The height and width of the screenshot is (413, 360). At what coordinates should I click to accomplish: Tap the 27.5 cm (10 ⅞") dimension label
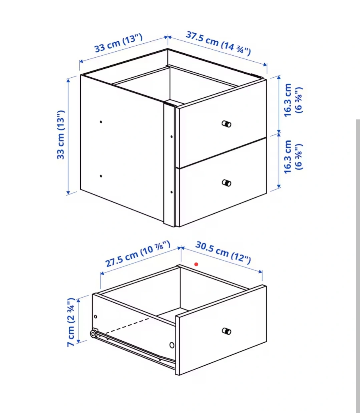pos(138,254)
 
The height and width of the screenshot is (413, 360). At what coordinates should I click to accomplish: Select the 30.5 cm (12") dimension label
pos(223,253)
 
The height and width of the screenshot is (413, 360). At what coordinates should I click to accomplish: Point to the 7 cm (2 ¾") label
pos(71,322)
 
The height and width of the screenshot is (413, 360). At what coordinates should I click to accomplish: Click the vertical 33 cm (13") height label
pos(61,135)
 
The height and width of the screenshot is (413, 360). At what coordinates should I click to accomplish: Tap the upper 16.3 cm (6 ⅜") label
pos(293,100)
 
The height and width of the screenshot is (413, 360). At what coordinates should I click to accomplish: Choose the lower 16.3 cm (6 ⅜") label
pos(293,157)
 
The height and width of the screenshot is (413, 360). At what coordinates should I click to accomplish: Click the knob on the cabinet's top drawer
pos(227,124)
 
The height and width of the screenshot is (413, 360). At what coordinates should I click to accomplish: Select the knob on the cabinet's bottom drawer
pos(227,183)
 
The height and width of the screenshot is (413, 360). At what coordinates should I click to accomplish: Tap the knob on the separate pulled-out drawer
pos(227,331)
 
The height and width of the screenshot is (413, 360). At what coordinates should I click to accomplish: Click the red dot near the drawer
pos(196,264)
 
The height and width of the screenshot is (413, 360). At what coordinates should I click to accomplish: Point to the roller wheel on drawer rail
pos(93,334)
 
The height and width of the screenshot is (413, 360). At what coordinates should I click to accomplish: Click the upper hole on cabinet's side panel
pos(101,122)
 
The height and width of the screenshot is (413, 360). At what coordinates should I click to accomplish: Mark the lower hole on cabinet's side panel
pos(101,176)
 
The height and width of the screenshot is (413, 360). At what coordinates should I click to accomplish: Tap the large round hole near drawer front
pos(172,345)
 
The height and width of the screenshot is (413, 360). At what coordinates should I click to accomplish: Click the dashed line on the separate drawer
pos(127,326)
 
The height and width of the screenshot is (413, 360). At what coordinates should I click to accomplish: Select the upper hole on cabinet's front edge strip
pos(171,137)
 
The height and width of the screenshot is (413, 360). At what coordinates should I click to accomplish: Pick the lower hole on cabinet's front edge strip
pos(171,192)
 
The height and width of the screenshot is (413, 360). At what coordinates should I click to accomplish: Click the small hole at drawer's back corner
pos(95,317)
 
